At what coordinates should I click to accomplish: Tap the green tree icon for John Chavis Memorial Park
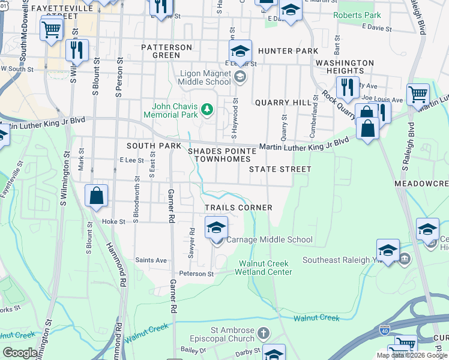click(x=207, y=109)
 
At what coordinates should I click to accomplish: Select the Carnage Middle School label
click(x=270, y=239)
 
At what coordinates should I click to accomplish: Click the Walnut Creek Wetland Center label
click(x=265, y=268)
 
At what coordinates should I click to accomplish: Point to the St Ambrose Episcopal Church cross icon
click(x=264, y=332)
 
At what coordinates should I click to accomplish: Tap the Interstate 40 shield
click(x=385, y=330)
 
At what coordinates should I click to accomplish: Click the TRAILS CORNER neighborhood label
click(x=239, y=208)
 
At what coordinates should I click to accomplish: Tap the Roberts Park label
click(x=357, y=15)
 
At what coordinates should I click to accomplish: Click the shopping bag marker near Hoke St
click(x=96, y=196)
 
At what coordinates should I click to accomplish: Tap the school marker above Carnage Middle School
click(x=216, y=227)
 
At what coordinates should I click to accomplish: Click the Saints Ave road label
click(x=151, y=260)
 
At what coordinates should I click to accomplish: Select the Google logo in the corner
click(x=20, y=352)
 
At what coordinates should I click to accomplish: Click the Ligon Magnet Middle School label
click(x=205, y=78)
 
